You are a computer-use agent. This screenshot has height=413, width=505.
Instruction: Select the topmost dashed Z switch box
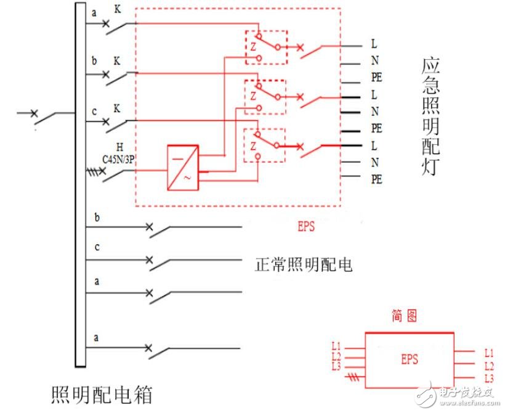266,47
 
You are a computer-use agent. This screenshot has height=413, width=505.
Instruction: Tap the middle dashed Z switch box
266,96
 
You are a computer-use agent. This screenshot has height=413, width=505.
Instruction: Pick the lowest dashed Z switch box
265,145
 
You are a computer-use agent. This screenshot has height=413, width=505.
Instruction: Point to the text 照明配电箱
101,394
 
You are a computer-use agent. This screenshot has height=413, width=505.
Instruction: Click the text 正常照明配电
303,264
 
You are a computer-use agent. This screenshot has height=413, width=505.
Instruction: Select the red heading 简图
404,316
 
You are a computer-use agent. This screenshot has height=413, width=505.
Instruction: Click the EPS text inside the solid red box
409,359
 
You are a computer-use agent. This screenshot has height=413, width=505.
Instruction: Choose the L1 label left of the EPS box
336,346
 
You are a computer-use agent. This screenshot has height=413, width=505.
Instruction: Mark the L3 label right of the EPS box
488,378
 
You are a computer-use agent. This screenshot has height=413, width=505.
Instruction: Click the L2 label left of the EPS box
336,356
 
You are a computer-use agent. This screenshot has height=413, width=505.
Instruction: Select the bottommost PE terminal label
376,179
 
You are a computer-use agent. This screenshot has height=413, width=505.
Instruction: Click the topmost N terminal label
374,61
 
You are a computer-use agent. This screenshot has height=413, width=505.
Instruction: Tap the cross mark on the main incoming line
34,113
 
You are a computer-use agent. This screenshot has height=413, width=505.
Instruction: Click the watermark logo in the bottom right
425,393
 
